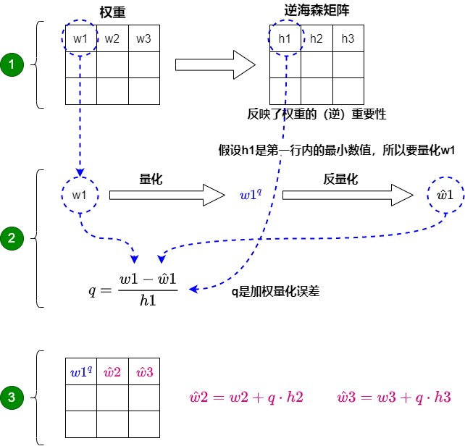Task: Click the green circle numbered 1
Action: [x=12, y=65]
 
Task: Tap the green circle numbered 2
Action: [x=12, y=237]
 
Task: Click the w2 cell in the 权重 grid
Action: [x=112, y=38]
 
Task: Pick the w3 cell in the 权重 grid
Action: [x=144, y=38]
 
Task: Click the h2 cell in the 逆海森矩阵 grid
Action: [x=317, y=38]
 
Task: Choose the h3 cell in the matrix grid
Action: [x=348, y=38]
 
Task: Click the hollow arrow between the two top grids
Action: [x=215, y=65]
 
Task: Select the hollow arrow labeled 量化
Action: [x=167, y=194]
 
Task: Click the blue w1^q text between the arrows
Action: [x=251, y=194]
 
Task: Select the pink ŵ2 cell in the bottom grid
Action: [x=112, y=372]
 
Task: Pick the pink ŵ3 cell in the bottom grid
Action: [x=144, y=372]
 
